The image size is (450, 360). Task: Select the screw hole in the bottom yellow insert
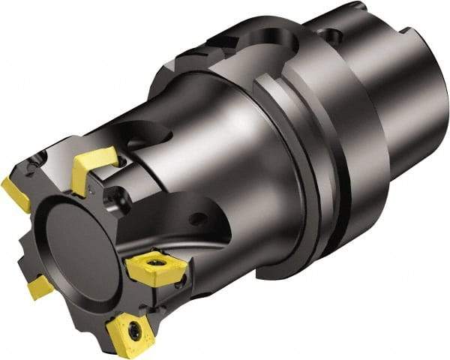(x=134, y=328)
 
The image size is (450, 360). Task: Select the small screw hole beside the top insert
(x=120, y=182)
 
